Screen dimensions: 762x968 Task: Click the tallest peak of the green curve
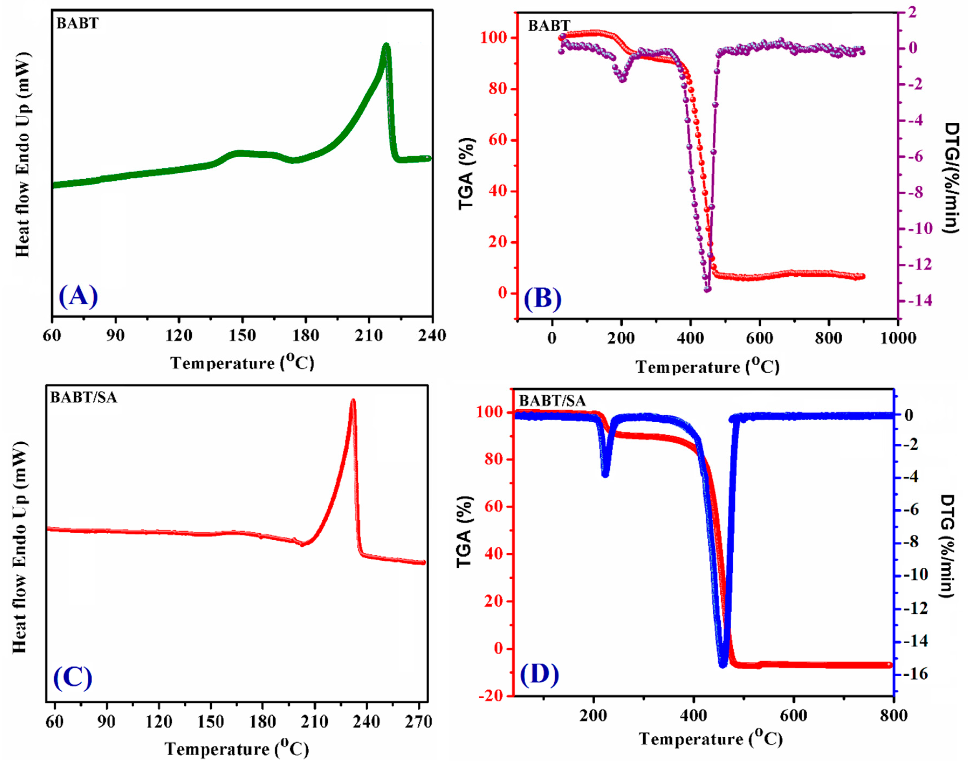point(386,46)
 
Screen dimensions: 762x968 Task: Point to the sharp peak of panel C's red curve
point(353,401)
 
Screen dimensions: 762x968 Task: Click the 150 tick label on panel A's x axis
point(242,335)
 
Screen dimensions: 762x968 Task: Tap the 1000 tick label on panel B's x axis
point(898,338)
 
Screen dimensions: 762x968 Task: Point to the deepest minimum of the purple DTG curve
point(707,290)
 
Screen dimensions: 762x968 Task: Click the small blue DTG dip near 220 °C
point(605,475)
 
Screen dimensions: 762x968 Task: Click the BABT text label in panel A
point(78,23)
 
